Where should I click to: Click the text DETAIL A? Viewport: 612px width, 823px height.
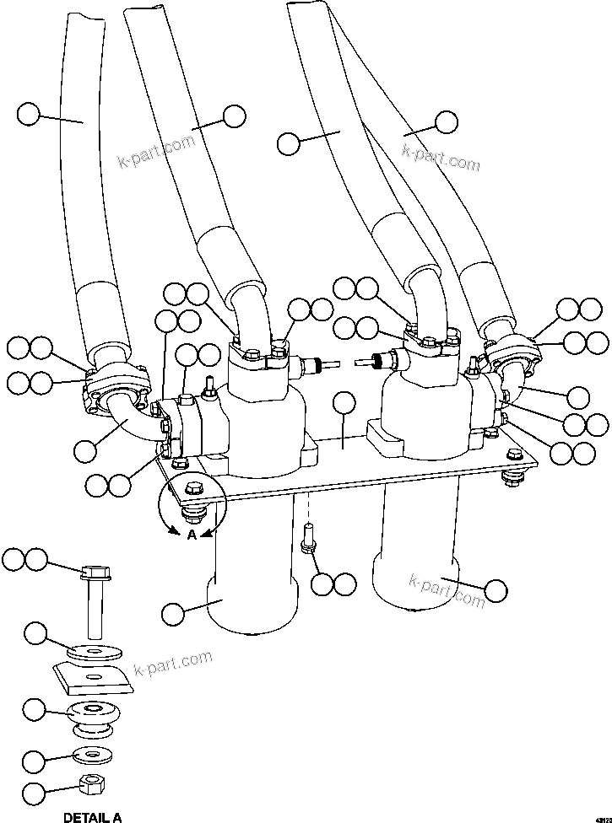[x=93, y=817]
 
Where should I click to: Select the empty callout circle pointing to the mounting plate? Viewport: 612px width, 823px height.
[x=344, y=404]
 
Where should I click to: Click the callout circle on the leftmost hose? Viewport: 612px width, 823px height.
[x=29, y=114]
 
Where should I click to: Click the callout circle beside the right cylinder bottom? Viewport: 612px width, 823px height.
[x=496, y=590]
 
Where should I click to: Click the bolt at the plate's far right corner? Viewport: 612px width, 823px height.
[x=512, y=478]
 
